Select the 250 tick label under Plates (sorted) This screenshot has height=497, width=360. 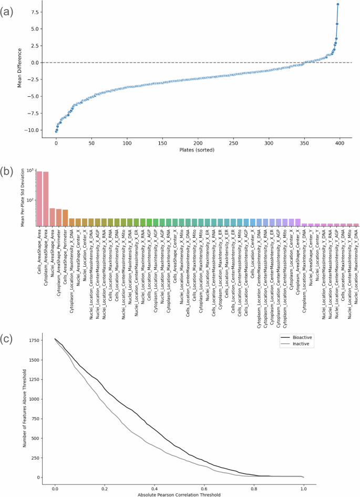coord(233,143)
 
